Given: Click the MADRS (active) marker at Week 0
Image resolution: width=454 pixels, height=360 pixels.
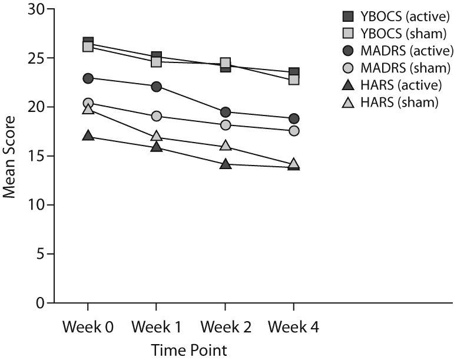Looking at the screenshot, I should (x=88, y=78).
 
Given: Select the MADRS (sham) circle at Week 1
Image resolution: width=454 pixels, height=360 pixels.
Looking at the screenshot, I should (x=157, y=116).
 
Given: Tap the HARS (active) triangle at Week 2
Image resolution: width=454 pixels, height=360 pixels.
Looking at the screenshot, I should (x=225, y=164).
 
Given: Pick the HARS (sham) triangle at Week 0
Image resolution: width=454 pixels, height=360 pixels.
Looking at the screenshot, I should (x=88, y=109).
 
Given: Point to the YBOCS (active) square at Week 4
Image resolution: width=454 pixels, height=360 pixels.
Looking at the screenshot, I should (x=294, y=72).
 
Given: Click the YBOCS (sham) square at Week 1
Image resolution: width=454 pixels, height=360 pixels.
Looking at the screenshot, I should (x=157, y=61).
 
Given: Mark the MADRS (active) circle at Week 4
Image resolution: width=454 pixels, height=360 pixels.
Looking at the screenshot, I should (x=294, y=118).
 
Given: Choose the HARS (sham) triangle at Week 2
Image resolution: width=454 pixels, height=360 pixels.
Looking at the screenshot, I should (x=225, y=146).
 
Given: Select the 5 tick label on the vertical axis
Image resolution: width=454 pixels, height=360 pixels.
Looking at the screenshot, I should (x=40, y=254).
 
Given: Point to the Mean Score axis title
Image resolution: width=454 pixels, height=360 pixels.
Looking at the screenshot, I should (x=11, y=156).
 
